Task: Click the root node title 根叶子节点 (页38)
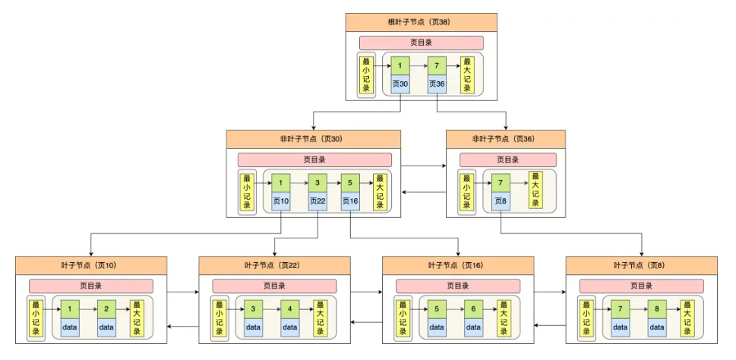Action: [421, 22]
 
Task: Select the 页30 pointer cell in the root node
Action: [400, 83]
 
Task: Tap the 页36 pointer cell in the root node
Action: [437, 83]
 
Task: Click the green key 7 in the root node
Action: [437, 65]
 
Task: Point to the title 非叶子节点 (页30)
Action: [312, 139]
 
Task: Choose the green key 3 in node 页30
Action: [317, 184]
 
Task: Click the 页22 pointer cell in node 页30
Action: [317, 201]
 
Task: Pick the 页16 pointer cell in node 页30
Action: [350, 201]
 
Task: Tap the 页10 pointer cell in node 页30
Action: [281, 201]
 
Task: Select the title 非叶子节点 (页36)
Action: [505, 139]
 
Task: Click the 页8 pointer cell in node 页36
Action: [501, 201]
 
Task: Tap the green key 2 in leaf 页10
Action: [106, 310]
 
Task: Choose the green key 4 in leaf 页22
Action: [289, 310]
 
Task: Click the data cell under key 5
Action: [437, 327]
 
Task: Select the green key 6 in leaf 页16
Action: [473, 310]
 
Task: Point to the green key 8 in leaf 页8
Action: [657, 310]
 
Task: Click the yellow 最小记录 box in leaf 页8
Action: [586, 319]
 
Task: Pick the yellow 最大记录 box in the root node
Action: [467, 74]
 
